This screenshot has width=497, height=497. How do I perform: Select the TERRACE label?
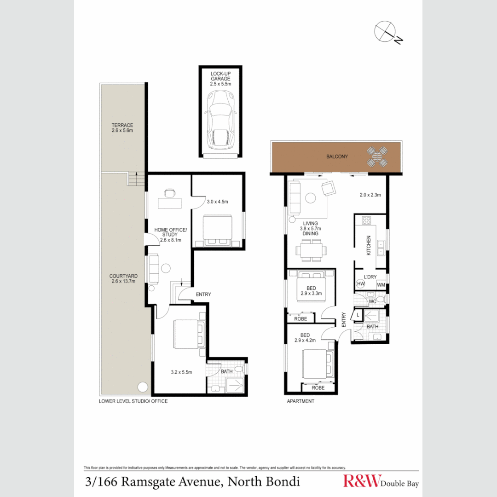[122, 127]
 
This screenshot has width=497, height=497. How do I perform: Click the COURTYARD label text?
[123, 278]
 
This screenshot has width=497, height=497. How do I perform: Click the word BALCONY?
[337, 156]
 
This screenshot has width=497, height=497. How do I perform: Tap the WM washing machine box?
[381, 285]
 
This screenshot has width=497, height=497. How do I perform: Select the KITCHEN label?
[368, 245]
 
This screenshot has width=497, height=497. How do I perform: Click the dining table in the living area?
[311, 251]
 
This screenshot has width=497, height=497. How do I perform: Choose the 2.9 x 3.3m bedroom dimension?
[311, 293]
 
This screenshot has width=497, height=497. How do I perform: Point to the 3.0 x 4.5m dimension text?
[218, 202]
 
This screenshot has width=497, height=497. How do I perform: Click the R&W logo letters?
[361, 481]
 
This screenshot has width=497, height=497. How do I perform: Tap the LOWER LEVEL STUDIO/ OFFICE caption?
[133, 401]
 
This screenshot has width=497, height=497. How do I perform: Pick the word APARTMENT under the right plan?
[301, 401]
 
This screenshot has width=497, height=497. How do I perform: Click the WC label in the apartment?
[372, 301]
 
